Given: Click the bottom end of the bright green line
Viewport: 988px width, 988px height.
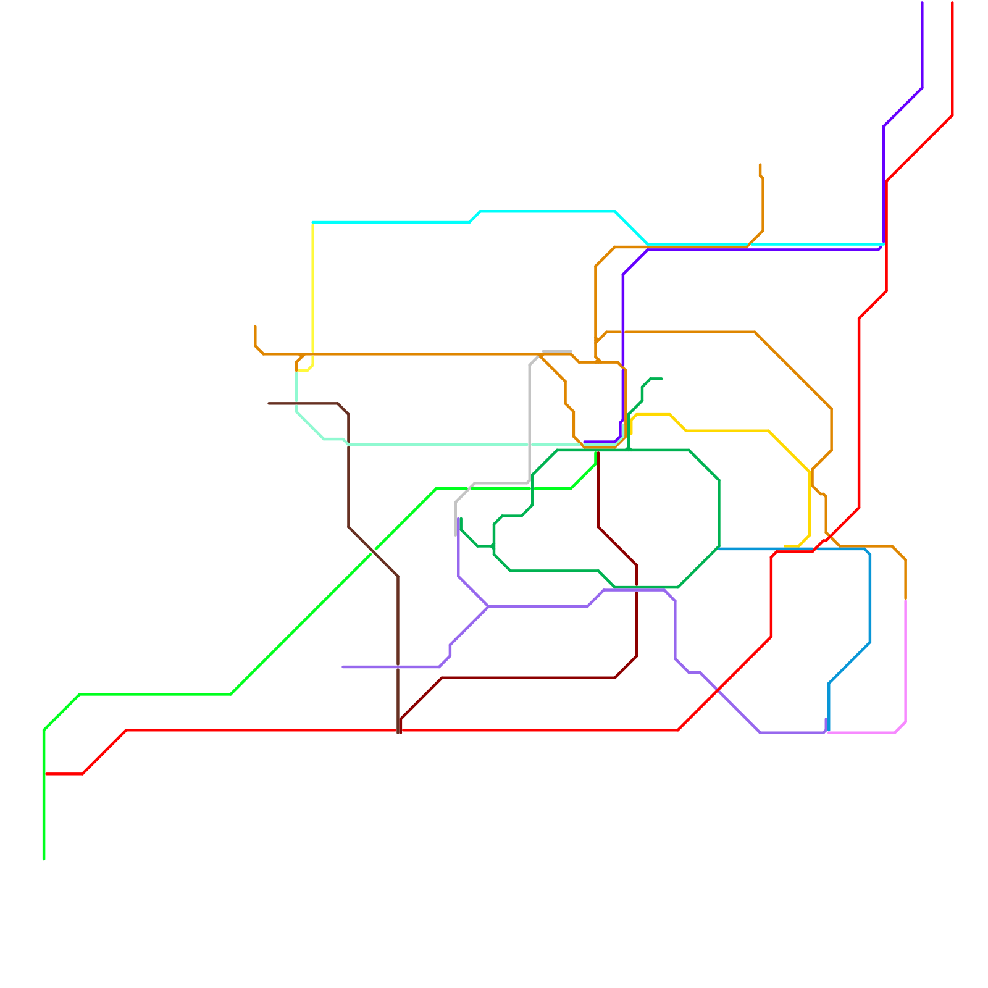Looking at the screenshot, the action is pyautogui.click(x=44, y=858).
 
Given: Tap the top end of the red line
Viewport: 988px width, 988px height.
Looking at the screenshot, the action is pyautogui.click(x=953, y=4).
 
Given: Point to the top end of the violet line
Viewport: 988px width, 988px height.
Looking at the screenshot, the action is pyautogui.click(x=922, y=4).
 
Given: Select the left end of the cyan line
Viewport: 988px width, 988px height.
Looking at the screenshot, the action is pyautogui.click(x=314, y=222).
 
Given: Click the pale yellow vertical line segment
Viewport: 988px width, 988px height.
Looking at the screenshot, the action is pyautogui.click(x=313, y=290).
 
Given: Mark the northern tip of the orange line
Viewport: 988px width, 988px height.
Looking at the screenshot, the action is pyautogui.click(x=760, y=165).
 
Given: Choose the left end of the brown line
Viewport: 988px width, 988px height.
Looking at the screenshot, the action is pyautogui.click(x=269, y=403).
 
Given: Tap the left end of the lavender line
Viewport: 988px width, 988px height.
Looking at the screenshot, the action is pyautogui.click(x=343, y=667).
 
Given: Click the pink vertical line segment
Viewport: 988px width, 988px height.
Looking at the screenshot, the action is pyautogui.click(x=905, y=661).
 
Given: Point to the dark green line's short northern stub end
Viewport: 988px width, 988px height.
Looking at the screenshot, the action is pyautogui.click(x=661, y=379).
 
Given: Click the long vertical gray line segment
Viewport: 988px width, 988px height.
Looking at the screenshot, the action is pyautogui.click(x=530, y=420).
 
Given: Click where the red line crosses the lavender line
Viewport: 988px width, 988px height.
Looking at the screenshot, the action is pyautogui.click(x=718, y=690).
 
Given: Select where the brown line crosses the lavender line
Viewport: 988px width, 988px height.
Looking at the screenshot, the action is pyautogui.click(x=398, y=667).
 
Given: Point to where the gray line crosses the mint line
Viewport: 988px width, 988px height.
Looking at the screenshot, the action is pyautogui.click(x=530, y=444).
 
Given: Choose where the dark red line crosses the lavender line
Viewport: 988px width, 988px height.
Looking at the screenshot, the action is pyautogui.click(x=637, y=590).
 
